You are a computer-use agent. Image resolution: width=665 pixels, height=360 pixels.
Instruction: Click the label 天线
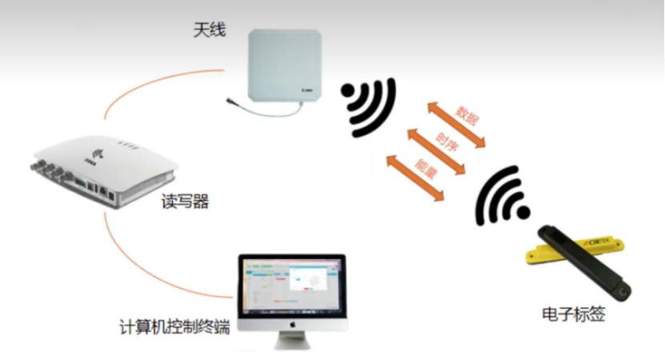210,30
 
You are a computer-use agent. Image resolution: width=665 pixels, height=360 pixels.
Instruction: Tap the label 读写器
185,202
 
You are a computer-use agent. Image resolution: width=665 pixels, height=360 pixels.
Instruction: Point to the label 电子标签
573,314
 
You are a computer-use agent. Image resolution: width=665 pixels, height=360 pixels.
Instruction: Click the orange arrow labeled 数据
456,124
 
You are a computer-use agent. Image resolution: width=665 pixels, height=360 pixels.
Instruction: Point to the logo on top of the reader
98,151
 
